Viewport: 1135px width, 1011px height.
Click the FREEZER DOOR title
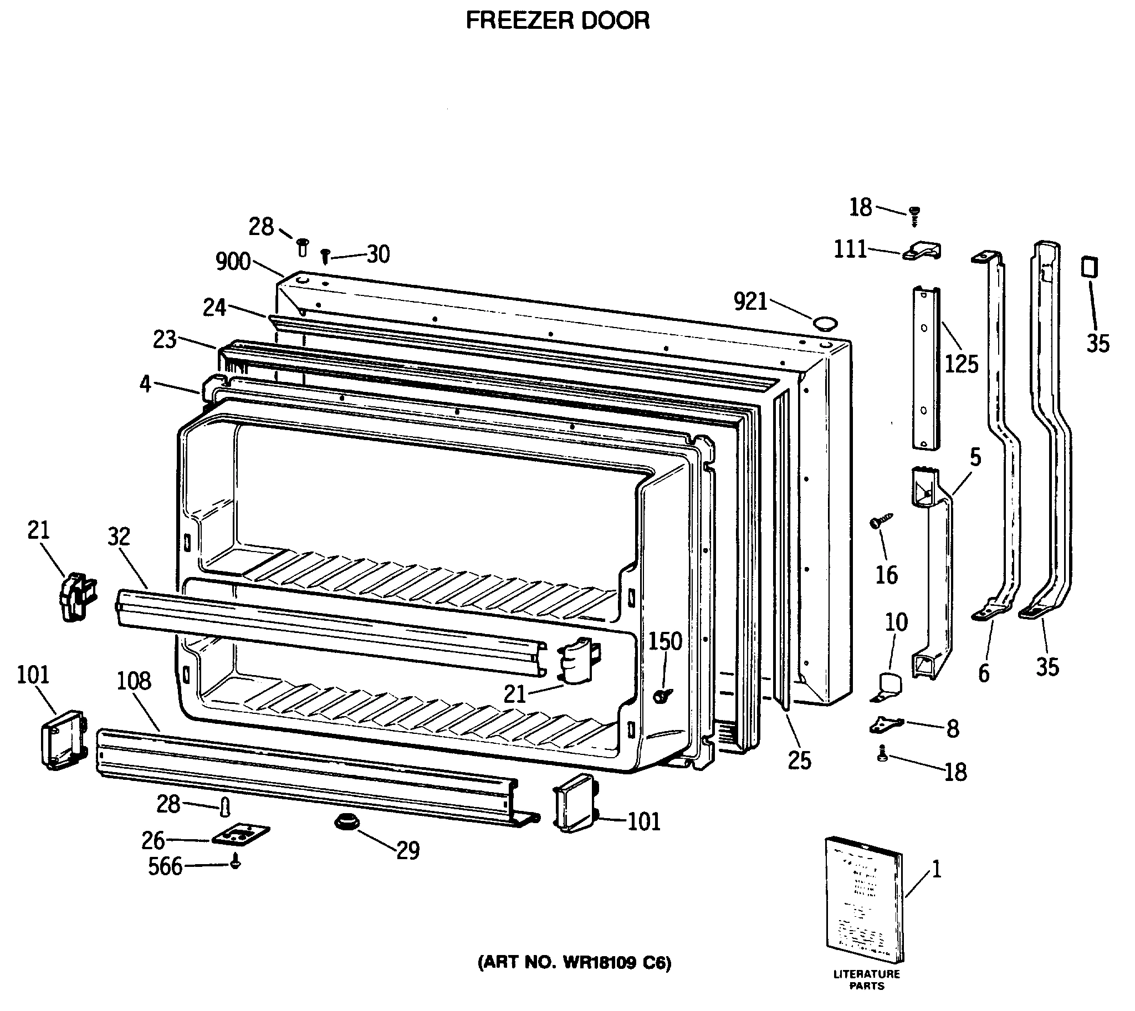click(x=557, y=21)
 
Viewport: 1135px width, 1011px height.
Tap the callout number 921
click(x=750, y=302)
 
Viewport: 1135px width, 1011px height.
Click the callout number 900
click(x=233, y=262)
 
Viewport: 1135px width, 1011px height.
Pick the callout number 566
click(x=165, y=866)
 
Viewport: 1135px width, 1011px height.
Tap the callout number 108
click(x=134, y=681)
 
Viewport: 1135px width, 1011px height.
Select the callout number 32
click(x=119, y=537)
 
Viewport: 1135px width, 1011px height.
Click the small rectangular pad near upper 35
click(x=1089, y=267)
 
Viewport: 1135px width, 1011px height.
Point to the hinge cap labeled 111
click(x=922, y=251)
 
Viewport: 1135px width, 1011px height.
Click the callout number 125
click(x=961, y=364)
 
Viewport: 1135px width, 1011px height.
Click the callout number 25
click(x=799, y=760)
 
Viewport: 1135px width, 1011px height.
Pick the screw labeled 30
click(x=326, y=256)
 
